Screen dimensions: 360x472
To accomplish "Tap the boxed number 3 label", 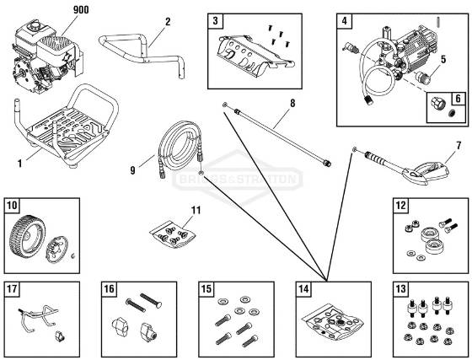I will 217,19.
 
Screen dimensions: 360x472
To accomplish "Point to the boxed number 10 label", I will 13,205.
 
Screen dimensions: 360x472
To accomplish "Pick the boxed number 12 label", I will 401,205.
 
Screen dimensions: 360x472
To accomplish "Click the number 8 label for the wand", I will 291,104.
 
